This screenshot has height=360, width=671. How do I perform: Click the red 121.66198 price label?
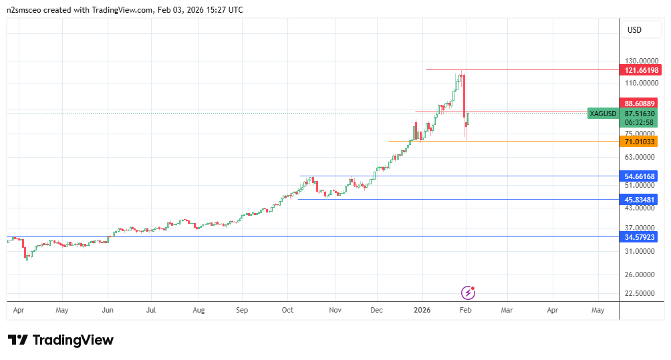[640, 70]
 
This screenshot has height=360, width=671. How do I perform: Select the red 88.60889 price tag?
[640, 104]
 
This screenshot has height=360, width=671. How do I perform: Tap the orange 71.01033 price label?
[640, 141]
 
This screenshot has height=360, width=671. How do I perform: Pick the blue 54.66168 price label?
[640, 176]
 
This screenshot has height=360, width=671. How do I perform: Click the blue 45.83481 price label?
[640, 199]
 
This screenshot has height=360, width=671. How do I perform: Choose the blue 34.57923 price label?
[640, 237]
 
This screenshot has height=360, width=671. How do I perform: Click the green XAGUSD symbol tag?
[603, 114]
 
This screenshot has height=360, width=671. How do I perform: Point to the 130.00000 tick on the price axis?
[640, 61]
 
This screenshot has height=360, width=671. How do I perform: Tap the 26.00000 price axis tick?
[640, 275]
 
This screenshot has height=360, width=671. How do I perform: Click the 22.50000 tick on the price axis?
[640, 293]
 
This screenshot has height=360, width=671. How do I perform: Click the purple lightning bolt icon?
[468, 293]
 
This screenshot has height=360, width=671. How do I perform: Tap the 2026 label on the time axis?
[422, 310]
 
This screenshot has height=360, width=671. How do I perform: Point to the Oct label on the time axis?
[287, 310]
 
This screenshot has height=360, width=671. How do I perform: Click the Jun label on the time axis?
[107, 310]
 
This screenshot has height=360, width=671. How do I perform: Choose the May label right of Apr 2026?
[597, 310]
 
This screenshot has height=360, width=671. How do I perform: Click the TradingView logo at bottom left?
[61, 340]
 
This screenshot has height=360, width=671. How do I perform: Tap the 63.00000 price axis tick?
[640, 157]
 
